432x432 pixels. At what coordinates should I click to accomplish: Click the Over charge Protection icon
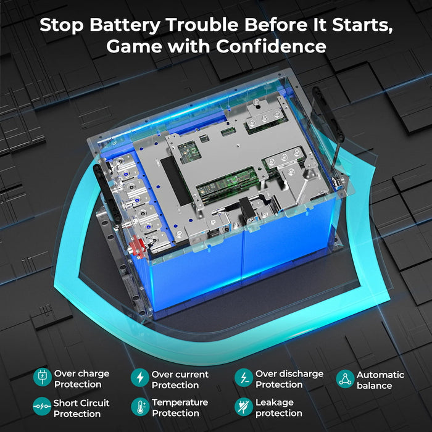42,378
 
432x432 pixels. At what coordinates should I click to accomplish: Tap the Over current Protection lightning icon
140,378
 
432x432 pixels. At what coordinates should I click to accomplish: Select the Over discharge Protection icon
244,378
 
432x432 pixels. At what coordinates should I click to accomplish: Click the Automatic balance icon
346,379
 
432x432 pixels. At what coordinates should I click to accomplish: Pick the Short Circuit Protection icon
42,407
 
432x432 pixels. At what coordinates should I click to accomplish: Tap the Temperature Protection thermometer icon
140,407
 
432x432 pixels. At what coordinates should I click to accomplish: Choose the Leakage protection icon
244,407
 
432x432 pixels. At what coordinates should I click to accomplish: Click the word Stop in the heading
62,25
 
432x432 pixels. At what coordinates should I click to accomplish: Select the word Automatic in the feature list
380,375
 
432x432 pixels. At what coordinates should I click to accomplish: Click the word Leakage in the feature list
273,402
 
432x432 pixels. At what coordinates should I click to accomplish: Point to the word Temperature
180,402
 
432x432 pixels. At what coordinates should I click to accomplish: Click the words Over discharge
289,373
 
